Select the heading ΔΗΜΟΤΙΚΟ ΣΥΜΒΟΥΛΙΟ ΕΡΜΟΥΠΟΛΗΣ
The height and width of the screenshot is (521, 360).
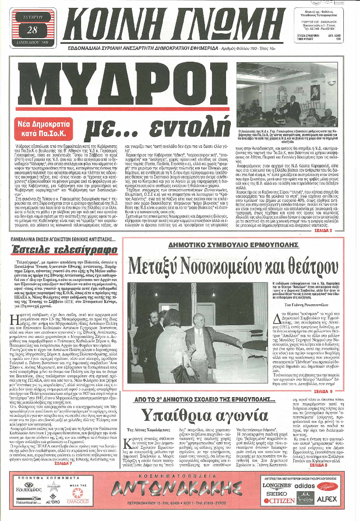coord(236,244)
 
